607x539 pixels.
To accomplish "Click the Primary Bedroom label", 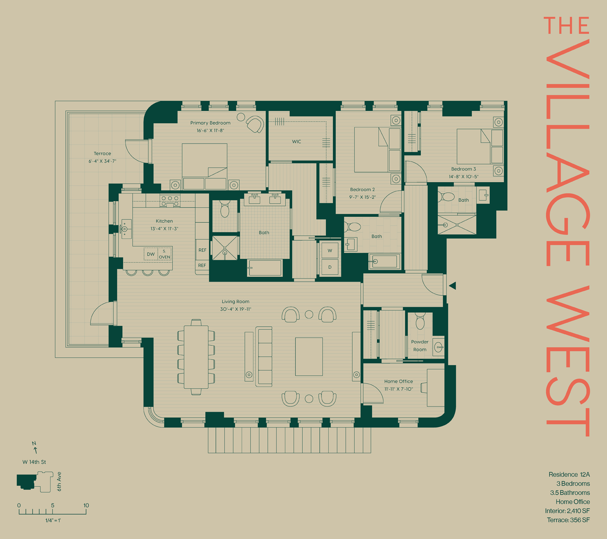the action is [210, 123].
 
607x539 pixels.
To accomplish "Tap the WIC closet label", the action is [297, 142].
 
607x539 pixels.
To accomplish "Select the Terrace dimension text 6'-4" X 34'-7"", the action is [102, 161].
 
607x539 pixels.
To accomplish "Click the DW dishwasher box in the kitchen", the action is [151, 254].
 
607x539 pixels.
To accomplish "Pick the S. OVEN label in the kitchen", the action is [164, 254].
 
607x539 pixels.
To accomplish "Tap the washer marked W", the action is [330, 251].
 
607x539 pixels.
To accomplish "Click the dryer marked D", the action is [330, 267].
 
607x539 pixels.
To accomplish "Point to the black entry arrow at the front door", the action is [452, 286].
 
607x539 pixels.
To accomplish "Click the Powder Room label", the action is [420, 346].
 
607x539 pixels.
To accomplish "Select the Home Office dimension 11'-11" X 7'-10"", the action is [398, 389].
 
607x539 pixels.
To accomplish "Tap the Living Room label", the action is [236, 302].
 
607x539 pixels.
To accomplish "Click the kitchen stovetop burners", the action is [170, 201].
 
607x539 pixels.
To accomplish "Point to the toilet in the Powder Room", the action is [420, 321].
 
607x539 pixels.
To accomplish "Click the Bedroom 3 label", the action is [463, 169].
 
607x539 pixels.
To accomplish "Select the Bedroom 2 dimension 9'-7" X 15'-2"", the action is [362, 197].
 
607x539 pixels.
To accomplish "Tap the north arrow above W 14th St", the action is [35, 448].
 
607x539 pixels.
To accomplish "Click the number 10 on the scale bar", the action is [86, 505].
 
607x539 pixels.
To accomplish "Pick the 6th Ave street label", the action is [59, 482].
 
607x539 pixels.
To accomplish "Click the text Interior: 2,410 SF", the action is [567, 511].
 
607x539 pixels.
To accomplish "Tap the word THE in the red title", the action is [566, 25].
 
